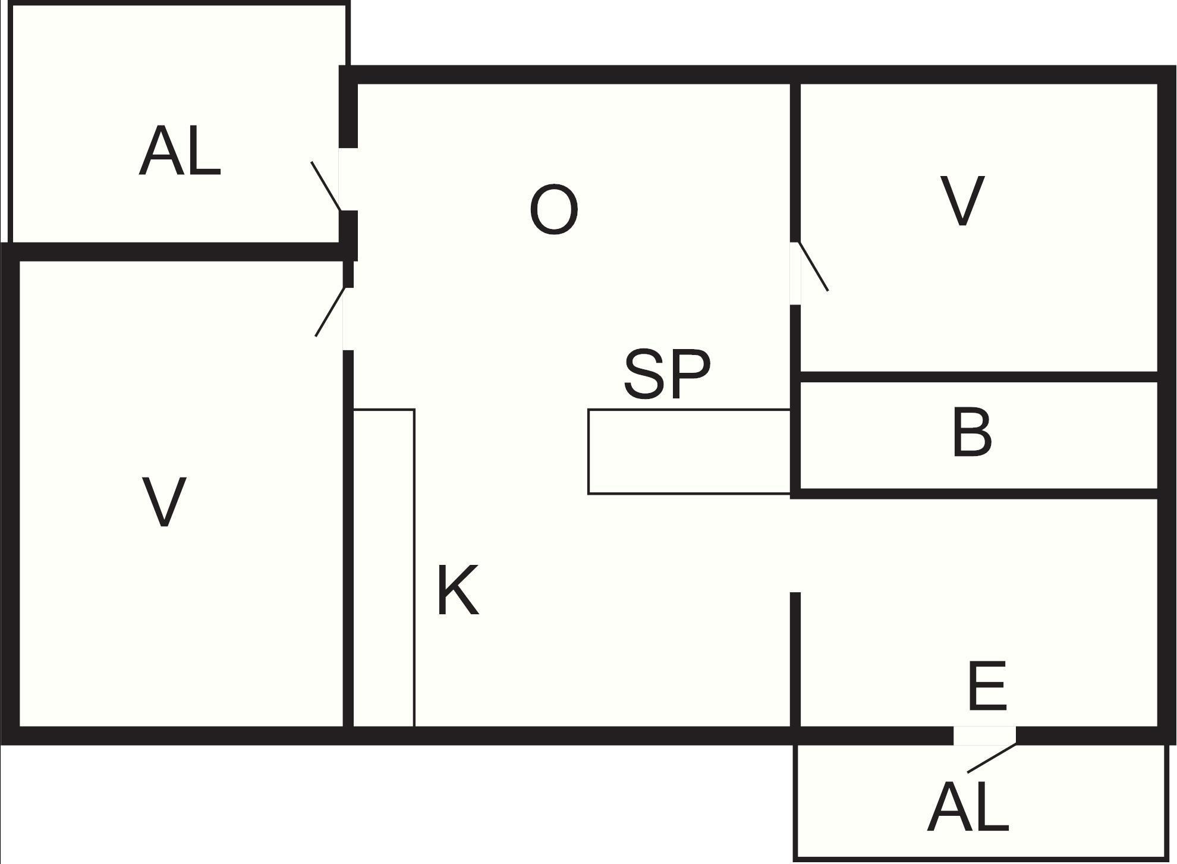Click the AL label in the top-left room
coord(180,151)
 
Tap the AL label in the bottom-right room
coord(968,807)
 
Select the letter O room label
coord(553,209)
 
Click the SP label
coord(667,374)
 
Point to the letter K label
coord(458,590)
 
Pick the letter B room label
coord(972,432)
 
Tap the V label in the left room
coord(165,502)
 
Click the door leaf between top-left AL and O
coord(326,186)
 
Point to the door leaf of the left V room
coord(330,312)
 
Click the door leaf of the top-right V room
coord(813,266)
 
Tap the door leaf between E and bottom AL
coord(992,758)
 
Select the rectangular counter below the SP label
coord(690,451)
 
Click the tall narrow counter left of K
coord(384,568)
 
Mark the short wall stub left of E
coord(795,659)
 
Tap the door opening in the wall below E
coord(985,736)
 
